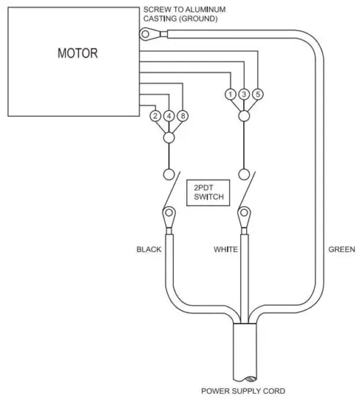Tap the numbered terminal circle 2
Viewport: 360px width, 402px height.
point(155,116)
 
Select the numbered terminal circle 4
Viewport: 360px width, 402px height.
point(169,116)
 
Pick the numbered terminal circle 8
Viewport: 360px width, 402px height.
point(183,116)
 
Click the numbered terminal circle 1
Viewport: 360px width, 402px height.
point(230,94)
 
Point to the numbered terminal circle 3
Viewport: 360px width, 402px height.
point(244,94)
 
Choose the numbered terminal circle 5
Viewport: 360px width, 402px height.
point(258,94)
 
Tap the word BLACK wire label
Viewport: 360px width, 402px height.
point(149,250)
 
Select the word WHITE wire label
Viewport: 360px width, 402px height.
point(226,250)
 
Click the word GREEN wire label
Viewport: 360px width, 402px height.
point(341,250)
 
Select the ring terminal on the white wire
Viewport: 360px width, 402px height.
point(244,216)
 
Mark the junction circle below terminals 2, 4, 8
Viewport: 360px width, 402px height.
point(169,137)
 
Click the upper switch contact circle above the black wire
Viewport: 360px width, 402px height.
point(169,175)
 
